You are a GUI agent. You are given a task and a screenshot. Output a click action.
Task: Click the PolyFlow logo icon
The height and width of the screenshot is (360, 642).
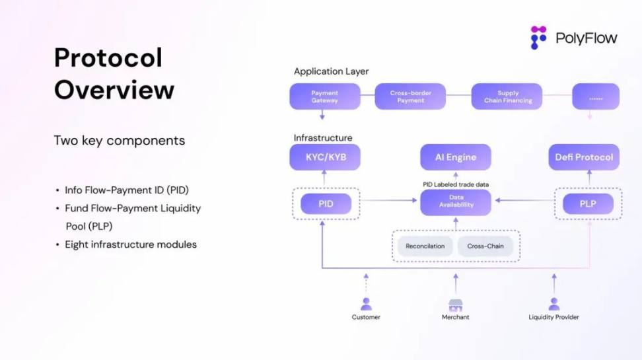539,38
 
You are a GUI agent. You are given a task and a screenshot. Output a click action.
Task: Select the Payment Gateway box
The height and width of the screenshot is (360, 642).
324,96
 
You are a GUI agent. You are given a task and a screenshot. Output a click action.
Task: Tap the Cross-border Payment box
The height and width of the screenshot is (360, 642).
411,96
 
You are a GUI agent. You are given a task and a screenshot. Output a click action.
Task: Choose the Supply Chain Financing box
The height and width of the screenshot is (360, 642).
507,96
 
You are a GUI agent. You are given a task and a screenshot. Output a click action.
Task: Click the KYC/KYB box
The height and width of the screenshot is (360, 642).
324,157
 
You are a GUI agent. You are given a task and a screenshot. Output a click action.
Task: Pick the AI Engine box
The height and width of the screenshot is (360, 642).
456,157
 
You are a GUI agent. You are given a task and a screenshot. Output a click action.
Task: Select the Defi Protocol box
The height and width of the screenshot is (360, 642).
584,157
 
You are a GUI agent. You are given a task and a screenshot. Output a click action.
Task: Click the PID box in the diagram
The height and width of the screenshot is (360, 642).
326,203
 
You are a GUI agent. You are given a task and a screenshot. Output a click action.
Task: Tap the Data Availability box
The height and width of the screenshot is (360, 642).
456,202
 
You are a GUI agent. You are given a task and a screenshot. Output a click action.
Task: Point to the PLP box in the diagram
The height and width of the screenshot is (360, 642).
587,203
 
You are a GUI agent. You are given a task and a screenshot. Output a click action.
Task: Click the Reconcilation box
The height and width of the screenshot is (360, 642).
425,246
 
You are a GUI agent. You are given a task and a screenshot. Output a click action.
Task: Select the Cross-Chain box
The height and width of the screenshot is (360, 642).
485,246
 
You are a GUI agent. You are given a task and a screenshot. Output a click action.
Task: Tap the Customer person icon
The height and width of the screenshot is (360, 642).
366,304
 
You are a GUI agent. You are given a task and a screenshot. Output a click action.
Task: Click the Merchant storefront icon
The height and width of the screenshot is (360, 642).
455,305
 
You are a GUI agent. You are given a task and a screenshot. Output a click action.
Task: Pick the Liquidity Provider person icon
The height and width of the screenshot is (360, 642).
553,304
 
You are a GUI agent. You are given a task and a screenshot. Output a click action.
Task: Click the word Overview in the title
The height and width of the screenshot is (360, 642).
114,90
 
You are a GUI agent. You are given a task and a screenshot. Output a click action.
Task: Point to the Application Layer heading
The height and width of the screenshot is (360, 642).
331,71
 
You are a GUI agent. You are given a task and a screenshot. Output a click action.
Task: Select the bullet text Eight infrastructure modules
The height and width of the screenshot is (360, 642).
130,244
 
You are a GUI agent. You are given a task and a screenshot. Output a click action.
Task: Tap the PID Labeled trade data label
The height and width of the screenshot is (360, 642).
456,184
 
